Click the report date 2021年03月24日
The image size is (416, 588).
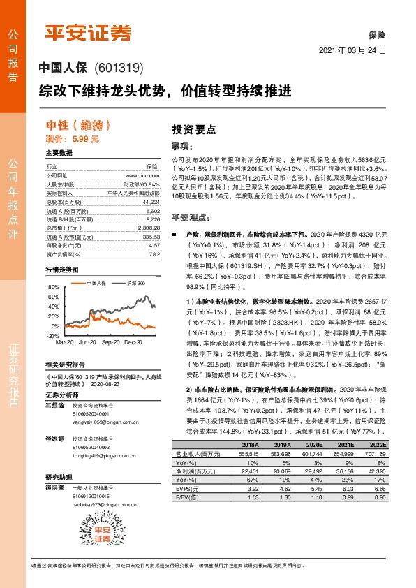point(355,52)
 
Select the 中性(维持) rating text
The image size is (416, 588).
point(78,126)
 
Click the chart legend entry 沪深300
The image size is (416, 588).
point(137,284)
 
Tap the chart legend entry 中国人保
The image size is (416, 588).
point(95,284)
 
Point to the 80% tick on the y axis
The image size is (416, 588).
point(54,287)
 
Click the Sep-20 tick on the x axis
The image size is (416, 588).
point(112,344)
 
